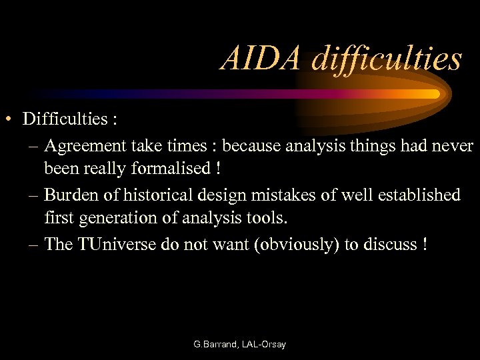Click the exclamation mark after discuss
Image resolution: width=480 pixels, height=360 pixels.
(424, 245)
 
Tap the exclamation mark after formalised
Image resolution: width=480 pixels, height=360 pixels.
(218, 169)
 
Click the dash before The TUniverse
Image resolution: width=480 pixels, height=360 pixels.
(34, 245)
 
